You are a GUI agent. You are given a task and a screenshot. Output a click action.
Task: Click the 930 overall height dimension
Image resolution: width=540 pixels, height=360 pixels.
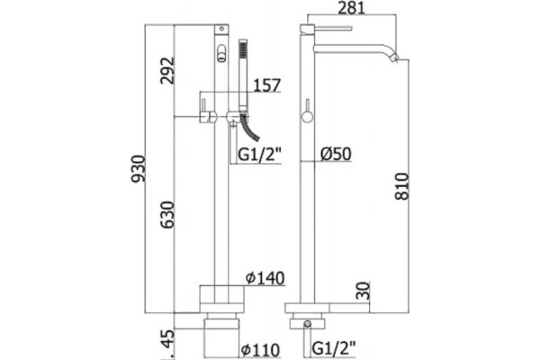(140, 168)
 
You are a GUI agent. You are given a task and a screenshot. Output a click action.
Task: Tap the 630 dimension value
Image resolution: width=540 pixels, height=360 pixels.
(169, 214)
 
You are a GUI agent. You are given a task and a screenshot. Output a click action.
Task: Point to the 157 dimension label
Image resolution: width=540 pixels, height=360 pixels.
(267, 85)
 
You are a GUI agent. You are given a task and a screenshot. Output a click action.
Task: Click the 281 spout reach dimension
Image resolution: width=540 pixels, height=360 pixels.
(351, 8)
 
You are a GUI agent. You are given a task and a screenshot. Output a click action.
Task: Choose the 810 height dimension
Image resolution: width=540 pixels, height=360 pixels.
(402, 186)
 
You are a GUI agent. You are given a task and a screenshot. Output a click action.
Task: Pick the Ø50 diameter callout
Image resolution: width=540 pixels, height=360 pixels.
(336, 154)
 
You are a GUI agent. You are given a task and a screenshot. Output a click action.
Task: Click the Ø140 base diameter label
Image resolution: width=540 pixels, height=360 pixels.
(265, 278)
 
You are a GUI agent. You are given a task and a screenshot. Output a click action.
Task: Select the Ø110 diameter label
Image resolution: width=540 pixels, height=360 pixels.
(260, 350)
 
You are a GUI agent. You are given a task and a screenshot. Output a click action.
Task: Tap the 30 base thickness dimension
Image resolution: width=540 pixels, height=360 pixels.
(364, 291)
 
